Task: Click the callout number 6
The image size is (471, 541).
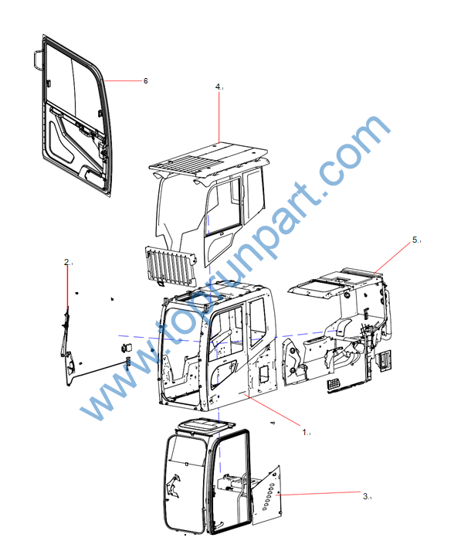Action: pyautogui.click(x=145, y=80)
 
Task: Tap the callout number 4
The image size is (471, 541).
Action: pyautogui.click(x=218, y=87)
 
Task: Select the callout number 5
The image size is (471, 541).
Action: pyautogui.click(x=415, y=240)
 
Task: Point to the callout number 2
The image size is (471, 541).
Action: pyautogui.click(x=66, y=262)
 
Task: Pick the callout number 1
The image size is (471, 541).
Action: pyautogui.click(x=305, y=432)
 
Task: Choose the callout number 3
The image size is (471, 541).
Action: pyautogui.click(x=366, y=496)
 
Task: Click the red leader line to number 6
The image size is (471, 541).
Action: pyautogui.click(x=123, y=80)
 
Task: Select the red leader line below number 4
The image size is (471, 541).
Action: pyautogui.click(x=219, y=117)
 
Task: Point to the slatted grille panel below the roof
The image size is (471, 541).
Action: pyautogui.click(x=171, y=266)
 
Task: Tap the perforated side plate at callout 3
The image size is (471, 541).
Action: pyautogui.click(x=268, y=495)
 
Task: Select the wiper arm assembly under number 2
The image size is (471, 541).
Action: pyautogui.click(x=68, y=345)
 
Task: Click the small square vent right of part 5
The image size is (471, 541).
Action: pyautogui.click(x=385, y=361)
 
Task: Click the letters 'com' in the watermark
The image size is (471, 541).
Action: pyautogui.click(x=354, y=151)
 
